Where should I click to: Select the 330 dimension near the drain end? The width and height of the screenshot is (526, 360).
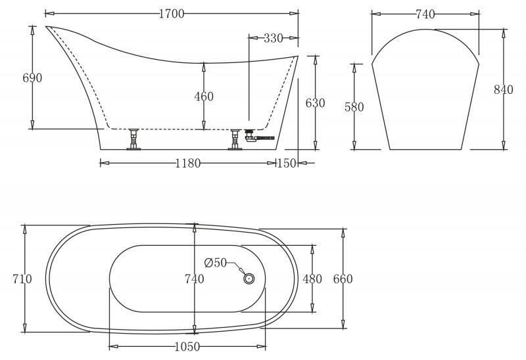(272, 38)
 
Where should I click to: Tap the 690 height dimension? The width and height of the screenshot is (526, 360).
(32, 78)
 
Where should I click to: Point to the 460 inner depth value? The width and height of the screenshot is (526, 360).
(204, 97)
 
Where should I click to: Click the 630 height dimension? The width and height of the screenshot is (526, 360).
(316, 103)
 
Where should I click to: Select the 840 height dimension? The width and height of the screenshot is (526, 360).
(503, 90)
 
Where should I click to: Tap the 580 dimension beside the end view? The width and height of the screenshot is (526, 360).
(355, 106)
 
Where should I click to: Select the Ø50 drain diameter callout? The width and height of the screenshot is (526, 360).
(216, 263)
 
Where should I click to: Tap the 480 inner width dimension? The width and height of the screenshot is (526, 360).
(312, 279)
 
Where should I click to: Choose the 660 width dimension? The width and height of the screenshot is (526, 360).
(343, 279)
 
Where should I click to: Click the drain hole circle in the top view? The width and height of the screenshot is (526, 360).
(249, 278)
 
